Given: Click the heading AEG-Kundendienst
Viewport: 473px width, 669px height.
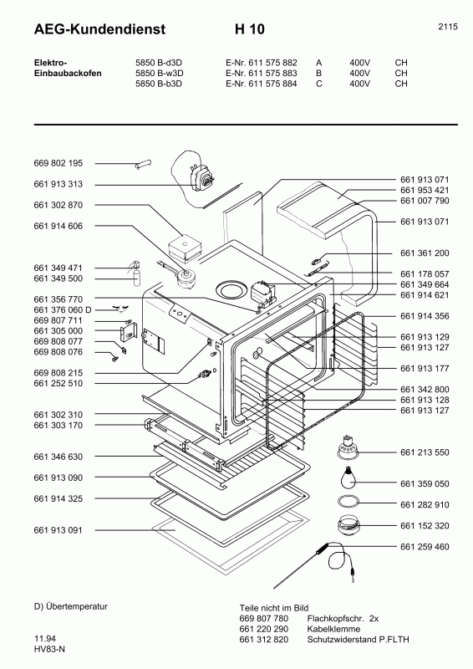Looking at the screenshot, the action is [x=99, y=29].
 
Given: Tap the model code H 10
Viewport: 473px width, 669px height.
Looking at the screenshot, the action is [x=250, y=29].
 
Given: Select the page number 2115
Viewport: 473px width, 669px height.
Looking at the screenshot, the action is [x=448, y=27].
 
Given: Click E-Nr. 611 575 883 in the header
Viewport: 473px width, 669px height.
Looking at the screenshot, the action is [x=261, y=73].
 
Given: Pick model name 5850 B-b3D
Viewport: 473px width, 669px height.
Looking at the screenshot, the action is [x=159, y=84].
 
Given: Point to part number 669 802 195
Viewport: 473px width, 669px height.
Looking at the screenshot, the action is [x=58, y=163].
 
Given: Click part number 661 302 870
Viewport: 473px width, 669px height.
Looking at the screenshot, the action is [x=58, y=205].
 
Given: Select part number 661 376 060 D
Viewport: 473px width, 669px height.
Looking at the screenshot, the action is [x=63, y=309].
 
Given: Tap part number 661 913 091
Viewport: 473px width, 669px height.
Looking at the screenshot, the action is [x=58, y=530].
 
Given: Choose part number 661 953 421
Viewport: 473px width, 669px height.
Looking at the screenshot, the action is [x=425, y=191].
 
